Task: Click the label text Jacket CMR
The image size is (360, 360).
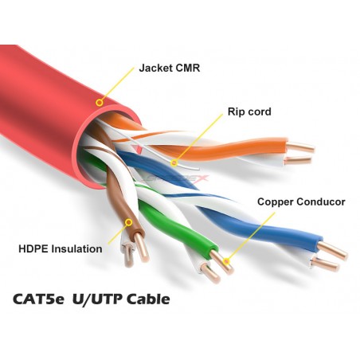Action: [170, 68]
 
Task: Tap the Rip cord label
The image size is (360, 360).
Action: [249, 112]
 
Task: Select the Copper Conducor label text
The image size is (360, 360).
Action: [301, 202]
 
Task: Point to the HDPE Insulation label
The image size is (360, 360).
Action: [61, 249]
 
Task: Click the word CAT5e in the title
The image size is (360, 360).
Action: [38, 299]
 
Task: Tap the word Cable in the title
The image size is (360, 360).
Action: [148, 299]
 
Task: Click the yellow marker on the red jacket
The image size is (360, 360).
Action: [100, 103]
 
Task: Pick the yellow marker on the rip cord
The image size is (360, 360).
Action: [174, 162]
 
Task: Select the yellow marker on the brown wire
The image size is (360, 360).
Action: [129, 222]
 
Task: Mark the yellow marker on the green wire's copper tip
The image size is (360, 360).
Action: [226, 261]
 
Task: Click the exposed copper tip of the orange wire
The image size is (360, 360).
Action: [301, 147]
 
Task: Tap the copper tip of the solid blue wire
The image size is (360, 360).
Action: [333, 251]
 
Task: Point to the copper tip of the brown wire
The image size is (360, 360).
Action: [141, 248]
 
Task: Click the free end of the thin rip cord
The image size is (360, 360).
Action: [198, 169]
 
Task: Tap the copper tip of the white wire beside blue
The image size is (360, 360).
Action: [326, 264]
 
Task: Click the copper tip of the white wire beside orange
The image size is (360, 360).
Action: [297, 160]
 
